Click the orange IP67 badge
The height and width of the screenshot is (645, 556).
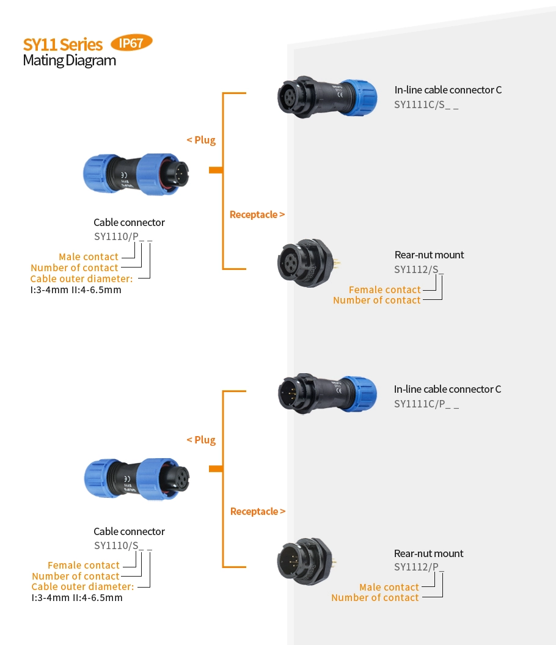131,43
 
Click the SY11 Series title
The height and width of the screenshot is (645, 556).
62,45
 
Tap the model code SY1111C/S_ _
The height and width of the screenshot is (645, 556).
426,104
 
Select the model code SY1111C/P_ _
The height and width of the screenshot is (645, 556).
426,404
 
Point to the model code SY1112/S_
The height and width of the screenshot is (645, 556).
419,269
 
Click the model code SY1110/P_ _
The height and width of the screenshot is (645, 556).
123,237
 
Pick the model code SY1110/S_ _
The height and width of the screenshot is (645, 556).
123,545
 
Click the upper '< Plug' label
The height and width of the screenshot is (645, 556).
201,140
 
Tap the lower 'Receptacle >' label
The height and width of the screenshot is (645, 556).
257,511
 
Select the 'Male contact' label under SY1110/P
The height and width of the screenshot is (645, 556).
89,257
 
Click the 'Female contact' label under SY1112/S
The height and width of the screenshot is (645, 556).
384,290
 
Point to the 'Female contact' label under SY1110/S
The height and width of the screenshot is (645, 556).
84,565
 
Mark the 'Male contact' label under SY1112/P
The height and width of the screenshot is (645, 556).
389,587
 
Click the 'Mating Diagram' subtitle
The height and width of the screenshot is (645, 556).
69,60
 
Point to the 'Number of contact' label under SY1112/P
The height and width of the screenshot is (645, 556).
375,598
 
